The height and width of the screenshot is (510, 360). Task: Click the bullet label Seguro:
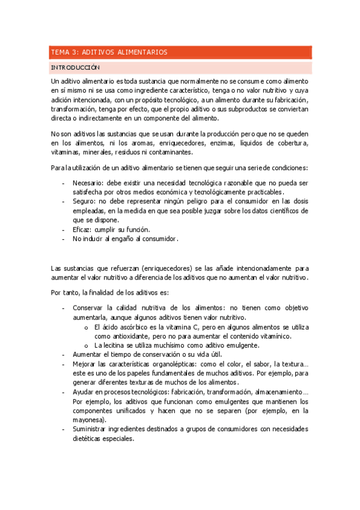[x=84, y=201]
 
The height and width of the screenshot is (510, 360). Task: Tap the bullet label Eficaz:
[x=84, y=230]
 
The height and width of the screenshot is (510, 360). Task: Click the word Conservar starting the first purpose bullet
[x=90, y=307]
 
